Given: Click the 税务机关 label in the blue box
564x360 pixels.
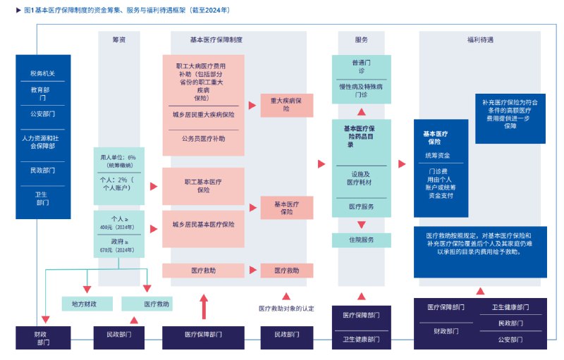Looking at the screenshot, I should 43,73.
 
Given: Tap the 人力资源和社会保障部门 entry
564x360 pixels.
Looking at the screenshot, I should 43,142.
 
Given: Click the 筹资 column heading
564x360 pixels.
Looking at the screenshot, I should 118,40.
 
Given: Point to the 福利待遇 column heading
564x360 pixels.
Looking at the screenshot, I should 479,40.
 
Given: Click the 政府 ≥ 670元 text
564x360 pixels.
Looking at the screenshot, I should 118,244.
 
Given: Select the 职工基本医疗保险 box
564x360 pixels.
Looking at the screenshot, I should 203,185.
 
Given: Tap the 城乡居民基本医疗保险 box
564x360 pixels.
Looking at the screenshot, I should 203,225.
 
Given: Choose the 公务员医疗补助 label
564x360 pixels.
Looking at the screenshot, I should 203,139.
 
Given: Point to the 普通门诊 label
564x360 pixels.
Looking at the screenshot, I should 361,67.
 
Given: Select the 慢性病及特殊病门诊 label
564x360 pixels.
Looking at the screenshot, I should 361,90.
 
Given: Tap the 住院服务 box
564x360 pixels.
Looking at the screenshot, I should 361,240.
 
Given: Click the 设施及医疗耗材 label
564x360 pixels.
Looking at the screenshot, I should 361,178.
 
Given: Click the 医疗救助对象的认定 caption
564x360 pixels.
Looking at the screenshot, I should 286,308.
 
